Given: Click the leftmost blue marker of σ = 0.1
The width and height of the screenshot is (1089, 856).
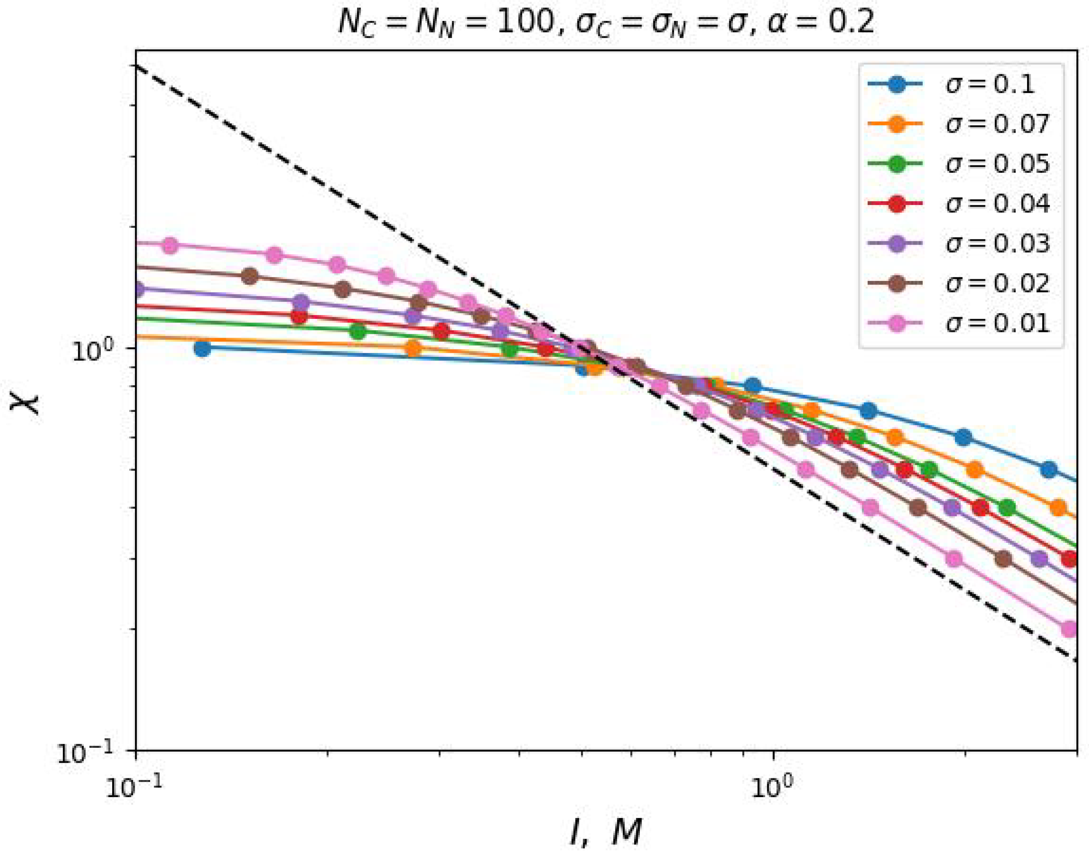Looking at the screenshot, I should click(202, 348).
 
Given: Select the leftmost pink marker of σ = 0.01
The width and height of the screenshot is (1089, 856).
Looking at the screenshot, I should click(171, 246).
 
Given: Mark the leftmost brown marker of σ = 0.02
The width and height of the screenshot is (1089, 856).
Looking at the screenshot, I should click(249, 276).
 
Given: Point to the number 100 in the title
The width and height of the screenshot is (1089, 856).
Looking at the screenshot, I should click(523, 22).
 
